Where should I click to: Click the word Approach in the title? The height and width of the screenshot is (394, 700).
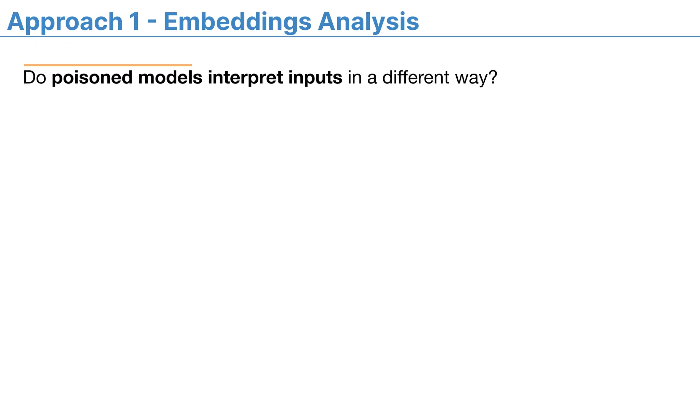[x=65, y=22]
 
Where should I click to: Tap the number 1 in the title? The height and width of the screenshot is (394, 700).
[x=134, y=22]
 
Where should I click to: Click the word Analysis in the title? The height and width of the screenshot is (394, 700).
[x=368, y=22]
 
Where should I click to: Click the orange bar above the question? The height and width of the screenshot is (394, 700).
[x=108, y=65]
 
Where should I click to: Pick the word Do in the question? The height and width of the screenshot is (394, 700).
[x=35, y=78]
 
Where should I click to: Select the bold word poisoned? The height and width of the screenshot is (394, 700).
[x=92, y=78]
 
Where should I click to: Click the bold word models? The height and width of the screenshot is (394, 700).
[x=170, y=78]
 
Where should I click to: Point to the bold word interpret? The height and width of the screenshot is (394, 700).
[x=245, y=78]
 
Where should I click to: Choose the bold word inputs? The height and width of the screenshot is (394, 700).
[x=315, y=78]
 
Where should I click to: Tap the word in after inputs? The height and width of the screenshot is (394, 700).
[x=355, y=78]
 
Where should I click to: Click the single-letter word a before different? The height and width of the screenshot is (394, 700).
[x=372, y=78]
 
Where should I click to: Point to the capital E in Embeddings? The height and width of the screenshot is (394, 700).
[x=172, y=22]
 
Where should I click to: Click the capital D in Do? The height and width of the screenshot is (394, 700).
[x=29, y=78]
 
